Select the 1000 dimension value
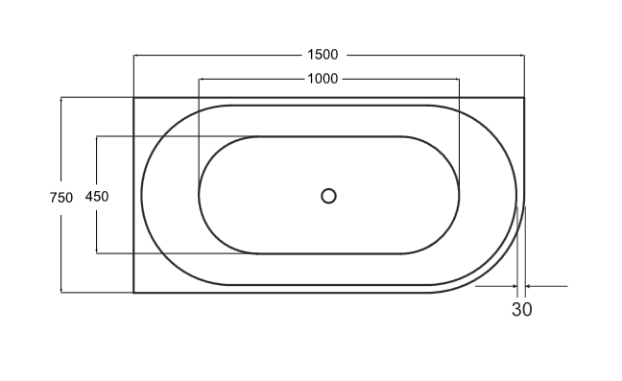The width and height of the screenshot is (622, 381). coord(323,79)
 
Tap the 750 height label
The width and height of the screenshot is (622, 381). coord(60,197)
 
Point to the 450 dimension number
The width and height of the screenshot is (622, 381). coord(97,196)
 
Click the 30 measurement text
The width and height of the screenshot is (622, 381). coord(521,309)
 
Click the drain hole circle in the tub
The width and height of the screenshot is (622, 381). coord(328,196)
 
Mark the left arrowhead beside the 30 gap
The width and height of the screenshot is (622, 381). coord(515,286)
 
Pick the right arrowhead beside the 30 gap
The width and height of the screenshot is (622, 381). coord(527,286)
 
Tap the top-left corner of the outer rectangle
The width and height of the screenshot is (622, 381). coord(133,97)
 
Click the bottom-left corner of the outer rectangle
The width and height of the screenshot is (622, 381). coord(133,292)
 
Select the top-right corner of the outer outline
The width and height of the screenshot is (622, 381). coord(524,97)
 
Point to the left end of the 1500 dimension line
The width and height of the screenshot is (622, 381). coord(133,54)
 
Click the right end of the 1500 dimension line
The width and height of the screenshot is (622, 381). coord(524,54)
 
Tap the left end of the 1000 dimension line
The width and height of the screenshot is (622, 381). coord(198,79)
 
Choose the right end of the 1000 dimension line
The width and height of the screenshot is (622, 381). coord(459,79)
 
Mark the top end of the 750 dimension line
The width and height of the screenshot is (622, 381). coord(60,97)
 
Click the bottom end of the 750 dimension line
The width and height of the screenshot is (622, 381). coord(60,292)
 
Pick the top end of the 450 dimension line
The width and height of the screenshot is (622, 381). coord(97,136)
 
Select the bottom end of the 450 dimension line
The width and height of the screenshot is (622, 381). coord(97,253)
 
